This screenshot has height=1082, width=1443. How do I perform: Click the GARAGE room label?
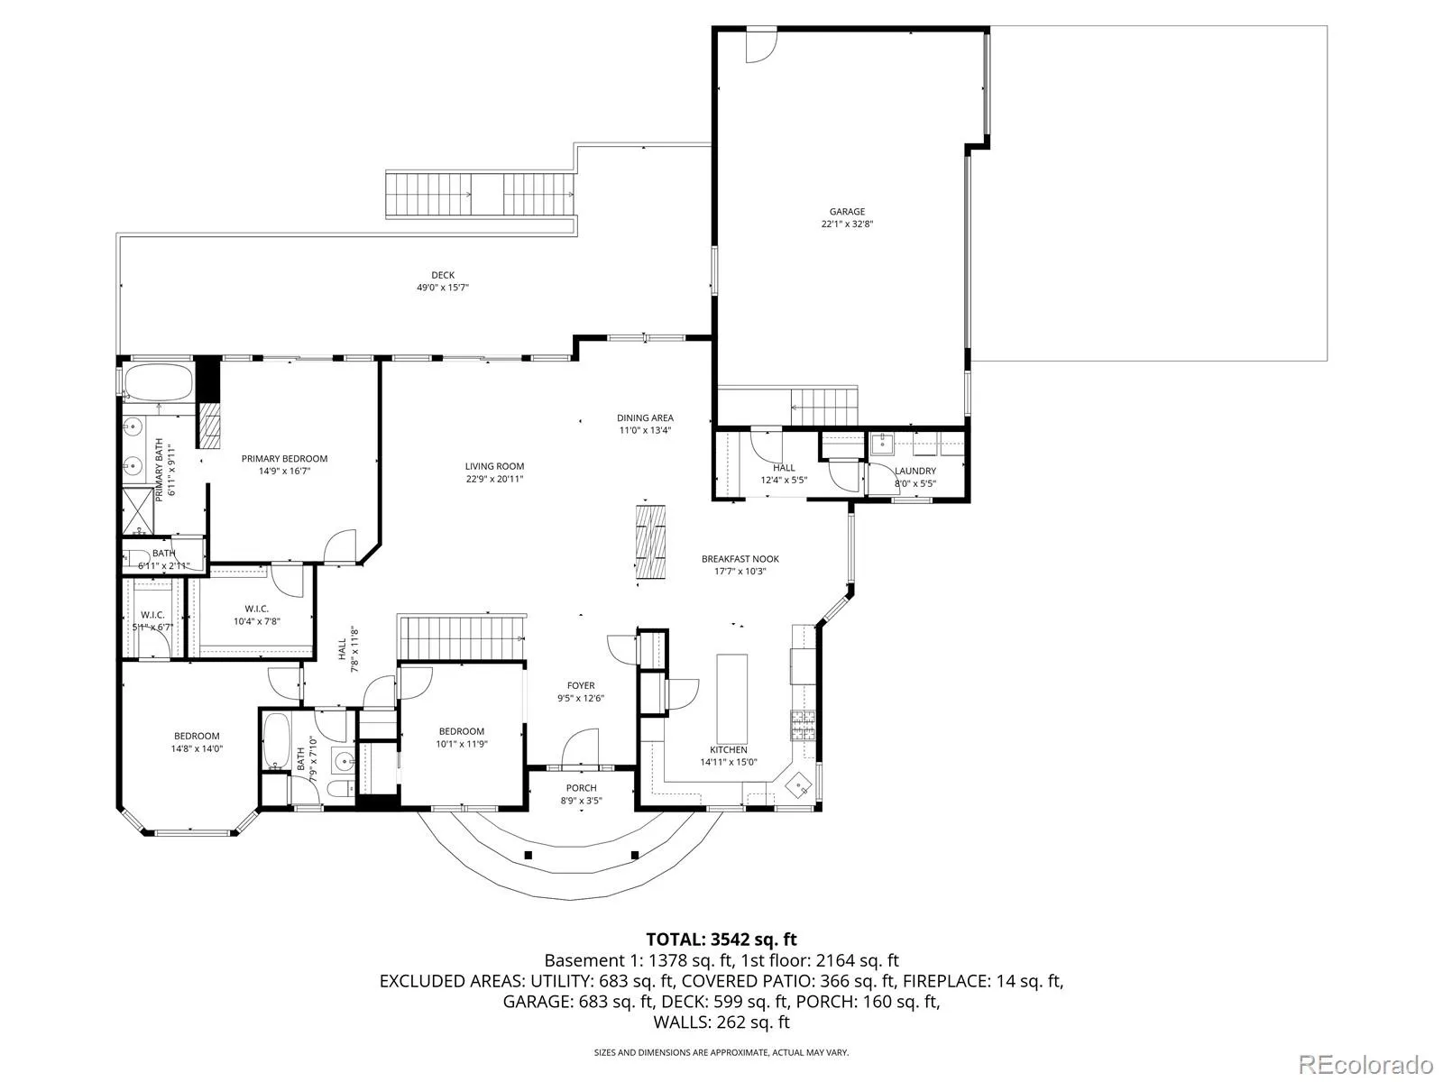click(x=847, y=212)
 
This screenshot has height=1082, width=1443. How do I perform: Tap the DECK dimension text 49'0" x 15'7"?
click(x=443, y=288)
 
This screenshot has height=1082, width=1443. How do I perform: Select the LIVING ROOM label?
click(x=494, y=466)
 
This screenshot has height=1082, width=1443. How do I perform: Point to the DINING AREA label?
click(x=645, y=417)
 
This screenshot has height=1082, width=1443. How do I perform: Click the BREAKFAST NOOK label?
click(x=740, y=559)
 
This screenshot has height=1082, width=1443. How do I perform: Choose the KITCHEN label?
click(x=729, y=749)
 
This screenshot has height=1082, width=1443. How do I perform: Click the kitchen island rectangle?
click(x=731, y=698)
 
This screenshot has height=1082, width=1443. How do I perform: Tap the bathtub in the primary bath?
click(x=159, y=383)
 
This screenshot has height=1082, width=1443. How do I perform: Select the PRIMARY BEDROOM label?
click(x=284, y=459)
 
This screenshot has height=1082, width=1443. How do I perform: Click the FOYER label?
click(x=581, y=685)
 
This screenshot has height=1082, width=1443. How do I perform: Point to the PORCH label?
click(x=581, y=788)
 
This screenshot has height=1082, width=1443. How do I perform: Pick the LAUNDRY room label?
click(x=915, y=471)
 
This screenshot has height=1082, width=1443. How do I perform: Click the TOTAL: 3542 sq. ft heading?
click(x=721, y=940)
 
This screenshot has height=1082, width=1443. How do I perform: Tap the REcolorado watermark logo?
click(x=1366, y=1064)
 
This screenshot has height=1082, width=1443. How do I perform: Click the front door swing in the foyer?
click(x=581, y=747)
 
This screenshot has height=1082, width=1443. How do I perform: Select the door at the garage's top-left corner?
click(x=761, y=46)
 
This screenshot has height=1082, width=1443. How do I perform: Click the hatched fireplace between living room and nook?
click(x=650, y=542)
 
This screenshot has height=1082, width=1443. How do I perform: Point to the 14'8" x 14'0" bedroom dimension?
click(x=198, y=748)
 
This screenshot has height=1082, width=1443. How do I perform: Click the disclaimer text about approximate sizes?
click(x=721, y=1052)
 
